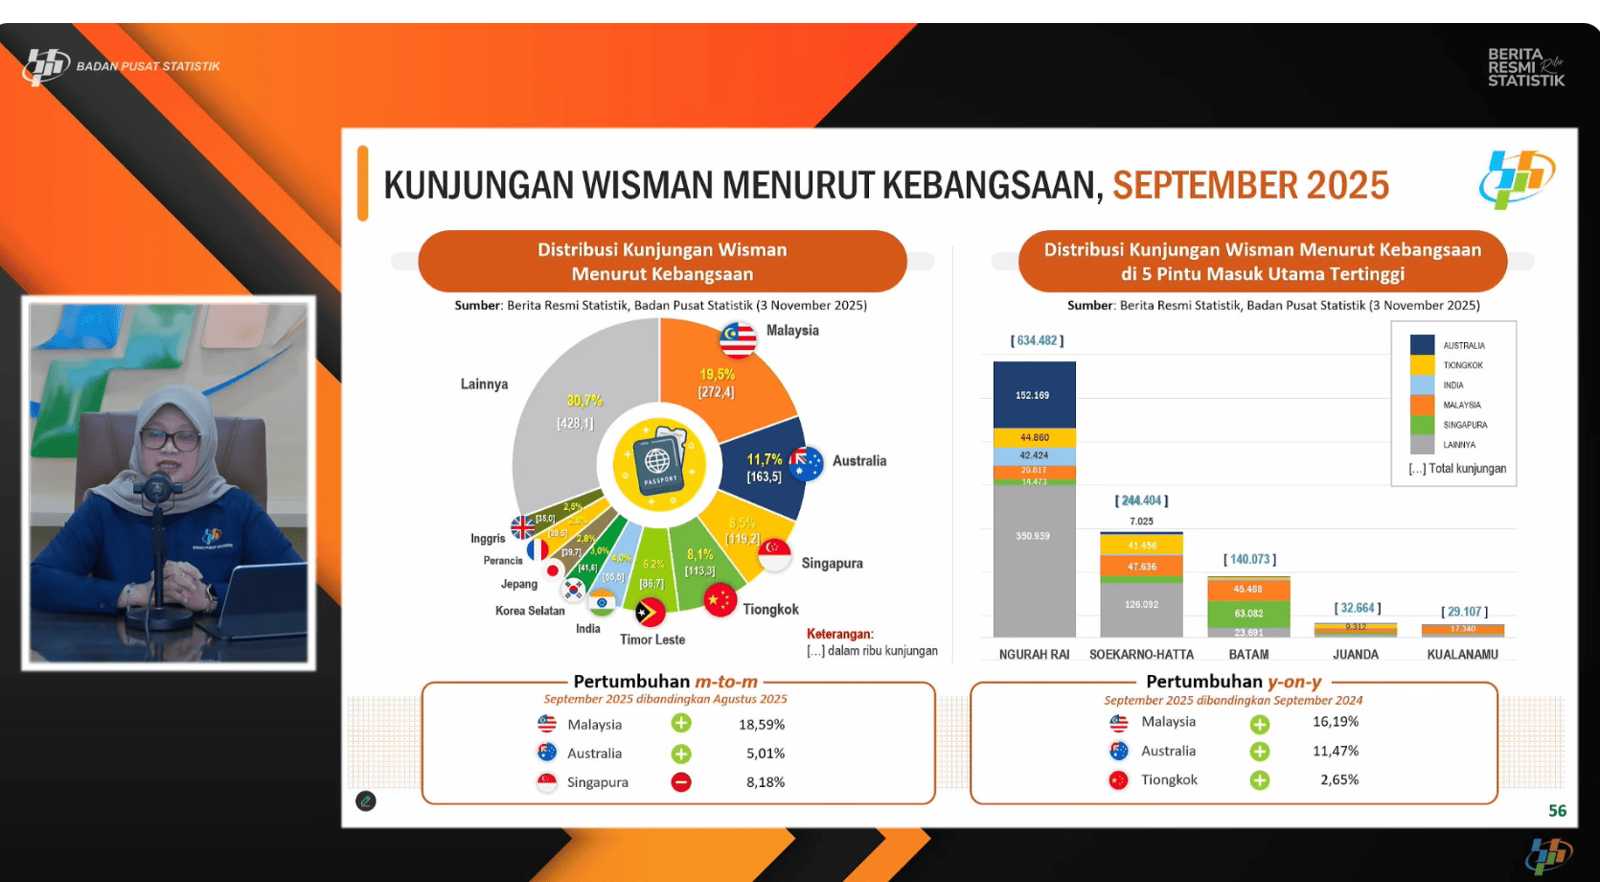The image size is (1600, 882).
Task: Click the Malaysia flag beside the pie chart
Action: click(738, 338)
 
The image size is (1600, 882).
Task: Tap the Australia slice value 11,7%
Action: click(765, 459)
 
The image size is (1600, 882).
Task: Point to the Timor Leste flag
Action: click(651, 612)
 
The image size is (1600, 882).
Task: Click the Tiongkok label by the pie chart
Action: click(770, 610)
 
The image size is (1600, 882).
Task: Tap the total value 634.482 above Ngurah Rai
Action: click(1037, 340)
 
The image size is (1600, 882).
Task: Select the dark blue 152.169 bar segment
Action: click(1034, 394)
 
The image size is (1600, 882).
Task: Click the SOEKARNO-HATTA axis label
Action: click(1141, 655)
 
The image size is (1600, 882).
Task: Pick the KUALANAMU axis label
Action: click(1462, 655)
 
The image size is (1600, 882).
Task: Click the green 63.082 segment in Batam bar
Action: click(1248, 614)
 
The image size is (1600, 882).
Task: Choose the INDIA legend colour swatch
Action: click(1422, 384)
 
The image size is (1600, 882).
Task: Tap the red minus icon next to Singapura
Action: click(681, 782)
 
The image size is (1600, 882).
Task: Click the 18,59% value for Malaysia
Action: click(762, 725)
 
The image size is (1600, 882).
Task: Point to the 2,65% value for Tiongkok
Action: click(1339, 779)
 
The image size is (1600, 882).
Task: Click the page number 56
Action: click(1557, 811)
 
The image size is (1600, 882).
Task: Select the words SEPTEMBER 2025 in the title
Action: click(1250, 185)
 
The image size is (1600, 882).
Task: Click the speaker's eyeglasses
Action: click(171, 440)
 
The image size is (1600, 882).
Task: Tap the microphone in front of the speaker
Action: click(157, 490)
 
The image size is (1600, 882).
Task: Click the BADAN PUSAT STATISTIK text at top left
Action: click(149, 66)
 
